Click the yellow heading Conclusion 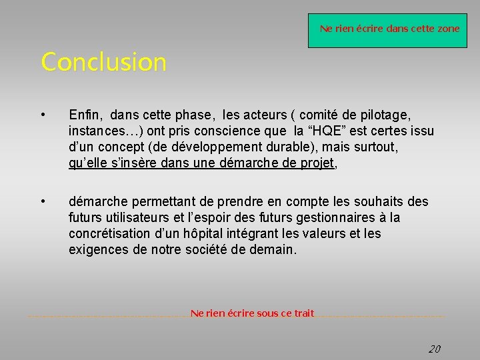pyautogui.click(x=103, y=62)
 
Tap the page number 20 pyautogui.click(x=434, y=349)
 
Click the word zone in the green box pyautogui.click(x=449, y=29)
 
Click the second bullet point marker pyautogui.click(x=43, y=201)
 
